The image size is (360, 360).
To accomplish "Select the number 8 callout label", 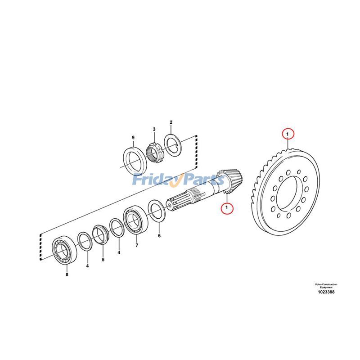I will click(x=67, y=274).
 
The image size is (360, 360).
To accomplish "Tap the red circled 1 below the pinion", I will click(x=228, y=208).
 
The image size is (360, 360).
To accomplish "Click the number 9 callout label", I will click(x=133, y=137).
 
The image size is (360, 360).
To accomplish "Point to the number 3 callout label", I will click(x=154, y=129).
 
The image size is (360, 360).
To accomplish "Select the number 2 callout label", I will click(x=171, y=122).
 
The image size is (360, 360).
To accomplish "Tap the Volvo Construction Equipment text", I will click(x=326, y=285).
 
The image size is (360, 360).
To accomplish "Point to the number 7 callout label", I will click(x=137, y=245).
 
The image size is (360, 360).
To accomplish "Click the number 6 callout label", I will click(x=159, y=235).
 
